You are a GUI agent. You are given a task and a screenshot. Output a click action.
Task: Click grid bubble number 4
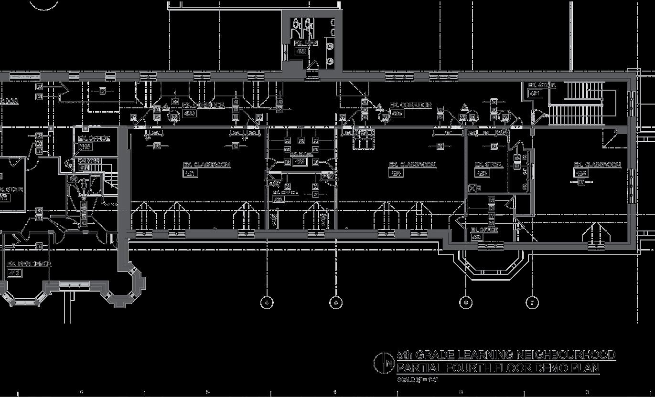pyautogui.click(x=267, y=303)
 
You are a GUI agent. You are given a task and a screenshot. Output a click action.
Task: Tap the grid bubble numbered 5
pyautogui.click(x=336, y=303)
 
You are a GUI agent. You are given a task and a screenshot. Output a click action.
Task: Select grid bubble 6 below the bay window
pyautogui.click(x=466, y=303)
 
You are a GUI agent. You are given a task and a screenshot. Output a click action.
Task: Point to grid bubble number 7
pyautogui.click(x=533, y=303)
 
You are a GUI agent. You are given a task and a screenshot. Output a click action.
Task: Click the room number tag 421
pyautogui.click(x=190, y=173)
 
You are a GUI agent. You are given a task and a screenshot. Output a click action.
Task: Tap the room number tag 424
pyautogui.click(x=397, y=173)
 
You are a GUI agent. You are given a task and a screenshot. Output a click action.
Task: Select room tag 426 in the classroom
pyautogui.click(x=581, y=173)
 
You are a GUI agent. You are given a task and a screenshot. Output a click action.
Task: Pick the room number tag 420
pyautogui.click(x=190, y=114)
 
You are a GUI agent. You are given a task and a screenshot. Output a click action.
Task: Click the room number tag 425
pyautogui.click(x=397, y=114)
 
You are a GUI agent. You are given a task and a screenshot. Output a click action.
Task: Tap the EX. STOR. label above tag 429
pyautogui.click(x=488, y=165)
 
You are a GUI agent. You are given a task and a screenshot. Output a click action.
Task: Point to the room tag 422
pyautogui.click(x=300, y=162)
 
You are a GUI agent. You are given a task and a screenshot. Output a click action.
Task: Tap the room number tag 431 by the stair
pyautogui.click(x=535, y=94)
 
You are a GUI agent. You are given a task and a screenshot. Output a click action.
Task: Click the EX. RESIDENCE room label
pyautogui.click(x=29, y=264)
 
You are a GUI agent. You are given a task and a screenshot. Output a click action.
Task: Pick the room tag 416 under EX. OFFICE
pyautogui.click(x=86, y=147)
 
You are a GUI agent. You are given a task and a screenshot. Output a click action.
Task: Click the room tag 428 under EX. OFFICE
pyautogui.click(x=477, y=237)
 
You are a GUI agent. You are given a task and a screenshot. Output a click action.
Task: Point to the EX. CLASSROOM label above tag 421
pyautogui.click(x=207, y=165)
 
